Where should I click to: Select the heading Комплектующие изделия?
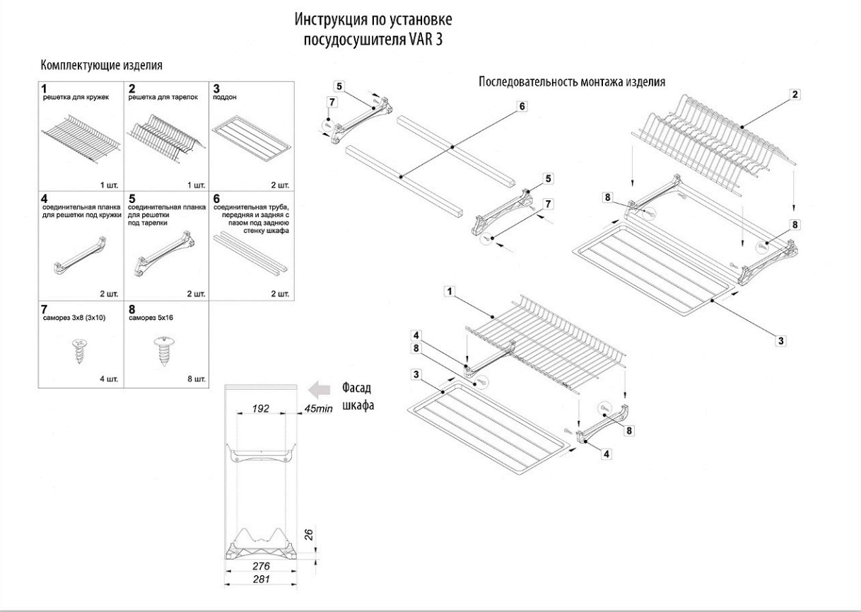click(x=102, y=66)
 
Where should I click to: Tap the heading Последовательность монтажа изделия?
click(x=571, y=81)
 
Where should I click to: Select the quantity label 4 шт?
click(x=110, y=380)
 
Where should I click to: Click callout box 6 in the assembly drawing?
click(x=522, y=106)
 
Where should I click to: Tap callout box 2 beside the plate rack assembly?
click(x=795, y=94)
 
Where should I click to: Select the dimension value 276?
click(x=262, y=567)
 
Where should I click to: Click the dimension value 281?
click(x=262, y=579)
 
